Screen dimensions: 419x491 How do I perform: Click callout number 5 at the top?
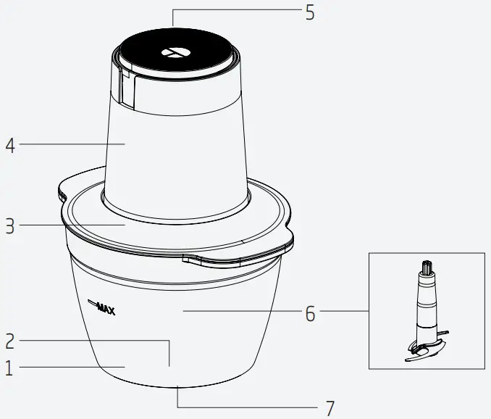(x=309, y=13)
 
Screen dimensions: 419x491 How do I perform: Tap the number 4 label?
(x=10, y=145)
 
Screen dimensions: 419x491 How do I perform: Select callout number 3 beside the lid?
(x=9, y=226)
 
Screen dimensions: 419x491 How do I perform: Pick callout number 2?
(x=10, y=340)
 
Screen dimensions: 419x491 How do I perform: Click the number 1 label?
(x=9, y=368)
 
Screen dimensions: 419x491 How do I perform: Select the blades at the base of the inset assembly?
(x=426, y=349)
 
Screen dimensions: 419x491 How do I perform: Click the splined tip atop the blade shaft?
(x=426, y=267)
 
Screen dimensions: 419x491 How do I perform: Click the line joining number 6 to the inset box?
(x=344, y=312)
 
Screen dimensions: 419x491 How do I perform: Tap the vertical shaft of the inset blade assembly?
(x=426, y=304)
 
